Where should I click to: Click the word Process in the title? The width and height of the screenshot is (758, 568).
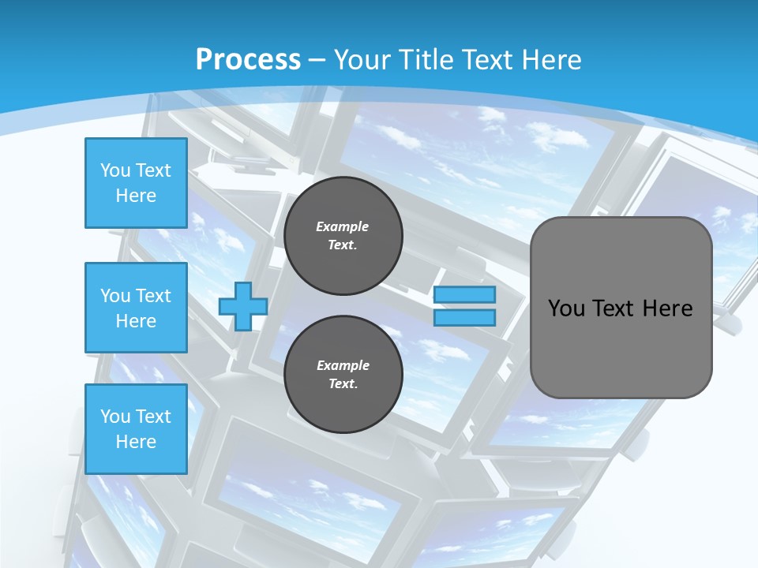pos(248,59)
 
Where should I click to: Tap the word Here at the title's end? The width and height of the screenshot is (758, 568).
pos(550,59)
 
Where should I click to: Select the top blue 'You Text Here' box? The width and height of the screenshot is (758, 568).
pos(136,183)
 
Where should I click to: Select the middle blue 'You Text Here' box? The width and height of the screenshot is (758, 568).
pos(136,308)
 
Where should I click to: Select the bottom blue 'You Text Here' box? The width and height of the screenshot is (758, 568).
pos(136,429)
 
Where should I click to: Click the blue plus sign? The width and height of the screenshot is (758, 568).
pos(242,307)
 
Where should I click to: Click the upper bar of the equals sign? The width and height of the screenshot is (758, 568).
pos(465,295)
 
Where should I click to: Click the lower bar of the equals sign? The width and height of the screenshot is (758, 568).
pos(465,318)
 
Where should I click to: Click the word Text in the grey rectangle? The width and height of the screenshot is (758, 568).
pos(615,308)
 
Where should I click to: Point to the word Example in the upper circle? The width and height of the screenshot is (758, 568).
pos(343,226)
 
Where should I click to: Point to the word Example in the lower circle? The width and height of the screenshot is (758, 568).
pos(343,365)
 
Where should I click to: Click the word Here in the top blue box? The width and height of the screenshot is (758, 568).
pos(136,196)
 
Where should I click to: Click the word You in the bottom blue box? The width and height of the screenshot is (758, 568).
pos(115,417)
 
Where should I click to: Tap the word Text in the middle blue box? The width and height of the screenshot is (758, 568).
pos(152,296)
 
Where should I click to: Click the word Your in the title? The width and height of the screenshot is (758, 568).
pos(360,59)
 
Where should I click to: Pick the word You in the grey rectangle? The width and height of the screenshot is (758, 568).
pos(566,308)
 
